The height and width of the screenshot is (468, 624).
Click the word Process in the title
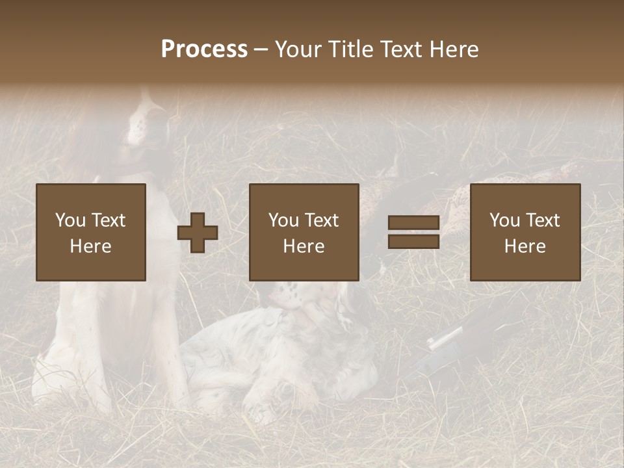tap(204, 49)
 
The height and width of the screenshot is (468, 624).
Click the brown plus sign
tap(198, 233)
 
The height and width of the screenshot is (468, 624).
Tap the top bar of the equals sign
tap(413, 223)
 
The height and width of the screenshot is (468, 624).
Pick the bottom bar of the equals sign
tap(413, 241)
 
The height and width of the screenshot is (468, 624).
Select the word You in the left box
tap(70, 220)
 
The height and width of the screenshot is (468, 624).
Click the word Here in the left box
tap(90, 246)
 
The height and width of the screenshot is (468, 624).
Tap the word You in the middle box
tap(283, 220)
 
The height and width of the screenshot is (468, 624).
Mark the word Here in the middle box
tap(304, 246)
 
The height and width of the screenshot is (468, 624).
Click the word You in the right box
tap(504, 220)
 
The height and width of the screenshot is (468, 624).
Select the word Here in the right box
tap(525, 246)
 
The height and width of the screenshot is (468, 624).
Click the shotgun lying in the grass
tap(455, 338)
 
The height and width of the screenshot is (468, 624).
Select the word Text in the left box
tap(108, 220)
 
